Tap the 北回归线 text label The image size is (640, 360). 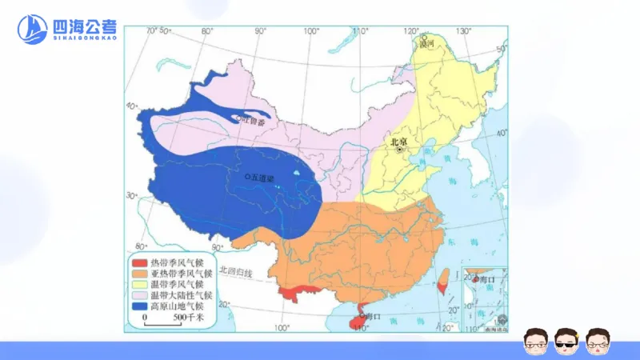pos(236,273)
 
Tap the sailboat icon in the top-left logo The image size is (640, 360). pos(33,30)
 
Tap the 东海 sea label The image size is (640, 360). pos(472,241)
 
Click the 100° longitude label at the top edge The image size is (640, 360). pos(310,30)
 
